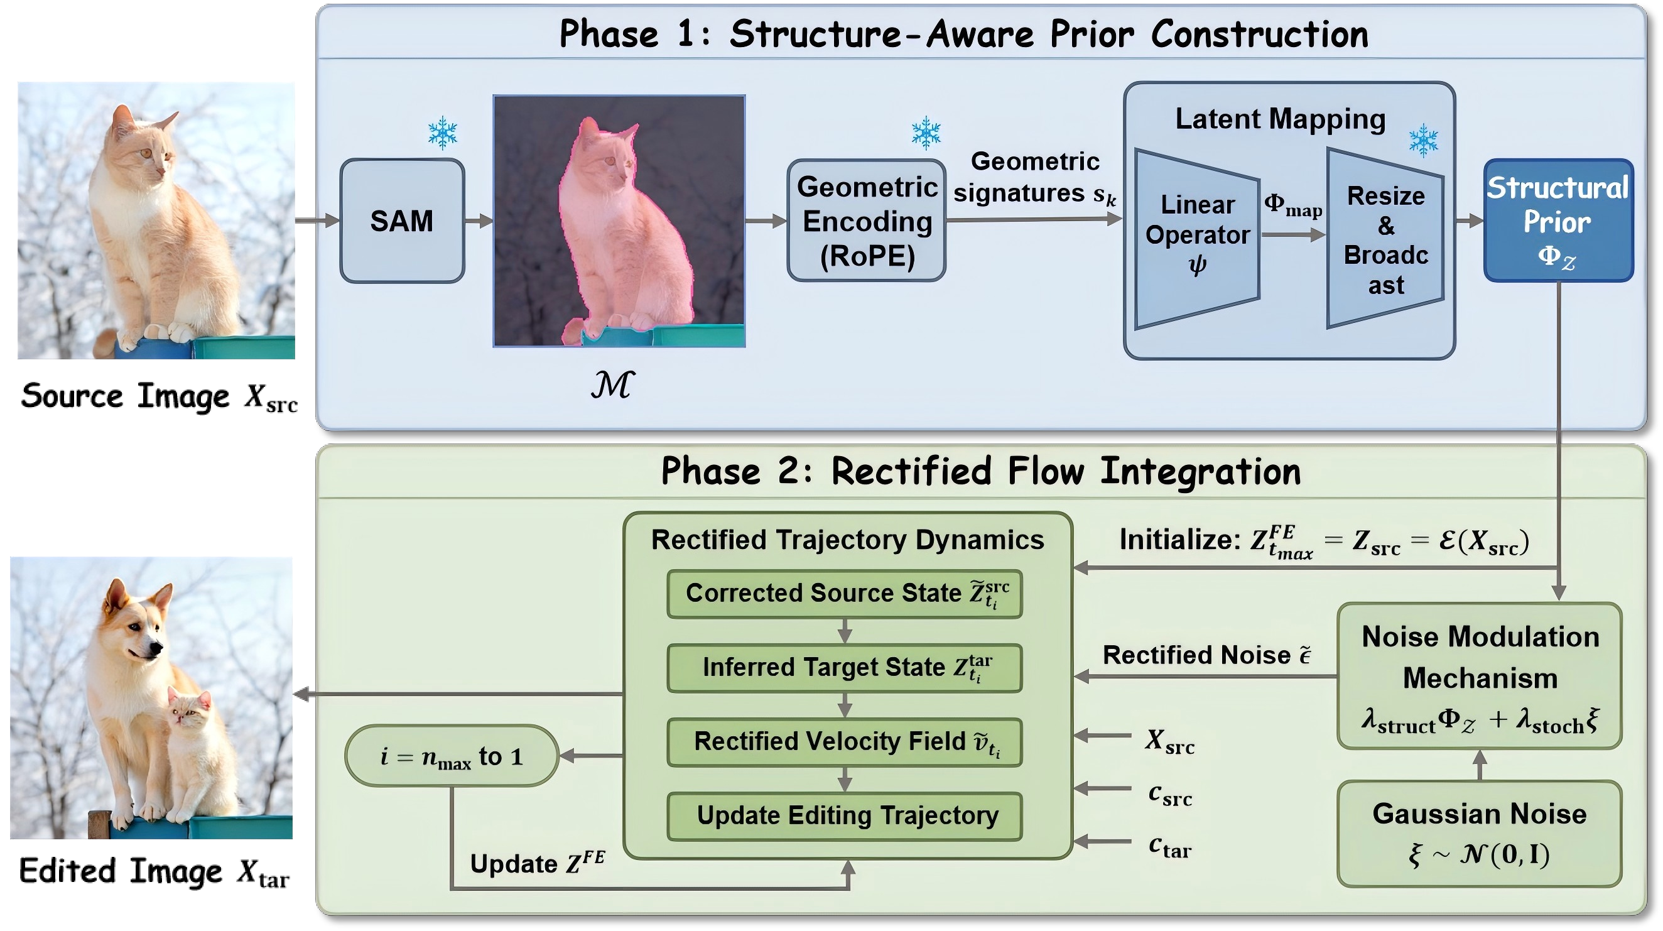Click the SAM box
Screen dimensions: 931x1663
pyautogui.click(x=401, y=220)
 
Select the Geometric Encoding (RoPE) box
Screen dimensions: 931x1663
pyautogui.click(x=867, y=220)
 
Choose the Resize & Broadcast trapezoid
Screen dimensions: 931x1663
pyautogui.click(x=1385, y=239)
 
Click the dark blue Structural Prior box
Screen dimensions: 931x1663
pyautogui.click(x=1557, y=220)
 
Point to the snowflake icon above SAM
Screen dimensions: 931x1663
pyautogui.click(x=442, y=133)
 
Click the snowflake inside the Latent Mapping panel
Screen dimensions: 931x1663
pyautogui.click(x=1423, y=141)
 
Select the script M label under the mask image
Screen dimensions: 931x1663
pyautogui.click(x=612, y=385)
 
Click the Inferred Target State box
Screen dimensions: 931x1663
pyautogui.click(x=845, y=668)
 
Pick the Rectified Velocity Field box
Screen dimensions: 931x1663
pyautogui.click(x=845, y=743)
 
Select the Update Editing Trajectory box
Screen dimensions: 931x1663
pyautogui.click(x=845, y=816)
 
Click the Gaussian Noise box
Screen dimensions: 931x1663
pyautogui.click(x=1479, y=834)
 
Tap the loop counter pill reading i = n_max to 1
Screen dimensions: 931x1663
pyautogui.click(x=452, y=756)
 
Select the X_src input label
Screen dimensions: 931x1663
pyautogui.click(x=1169, y=741)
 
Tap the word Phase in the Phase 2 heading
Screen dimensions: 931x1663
pyautogui.click(x=711, y=471)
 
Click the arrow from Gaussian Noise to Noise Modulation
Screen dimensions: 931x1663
pyautogui.click(x=1480, y=765)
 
